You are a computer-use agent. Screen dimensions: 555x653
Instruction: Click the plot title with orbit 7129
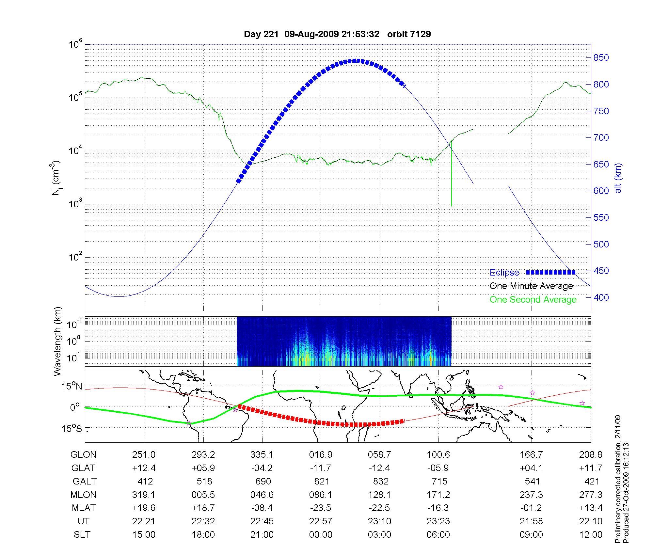(x=337, y=34)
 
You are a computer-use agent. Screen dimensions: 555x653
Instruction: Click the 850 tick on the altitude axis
(x=601, y=58)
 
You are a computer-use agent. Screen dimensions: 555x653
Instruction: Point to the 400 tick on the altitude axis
(x=601, y=297)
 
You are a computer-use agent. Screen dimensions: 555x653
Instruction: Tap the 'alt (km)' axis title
(x=618, y=178)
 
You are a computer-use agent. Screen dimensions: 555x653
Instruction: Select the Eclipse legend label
(x=504, y=273)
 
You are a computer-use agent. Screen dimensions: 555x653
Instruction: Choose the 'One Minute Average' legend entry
(x=531, y=286)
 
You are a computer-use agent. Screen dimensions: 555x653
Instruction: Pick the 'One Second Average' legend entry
(x=533, y=300)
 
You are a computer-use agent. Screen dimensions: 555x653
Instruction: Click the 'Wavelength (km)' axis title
(x=58, y=341)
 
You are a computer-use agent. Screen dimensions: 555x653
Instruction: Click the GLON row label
(x=84, y=455)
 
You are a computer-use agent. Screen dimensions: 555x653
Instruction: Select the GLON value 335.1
(x=262, y=455)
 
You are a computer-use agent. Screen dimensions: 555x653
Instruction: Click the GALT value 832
(x=381, y=482)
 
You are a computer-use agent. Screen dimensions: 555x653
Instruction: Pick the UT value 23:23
(x=438, y=521)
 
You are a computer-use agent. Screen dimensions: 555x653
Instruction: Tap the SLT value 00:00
(x=321, y=535)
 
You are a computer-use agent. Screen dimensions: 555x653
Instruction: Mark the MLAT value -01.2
(x=531, y=508)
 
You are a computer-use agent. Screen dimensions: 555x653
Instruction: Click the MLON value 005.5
(x=203, y=495)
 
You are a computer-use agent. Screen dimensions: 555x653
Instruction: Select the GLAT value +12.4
(x=144, y=468)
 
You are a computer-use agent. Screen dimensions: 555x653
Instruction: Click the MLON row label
(x=84, y=495)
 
